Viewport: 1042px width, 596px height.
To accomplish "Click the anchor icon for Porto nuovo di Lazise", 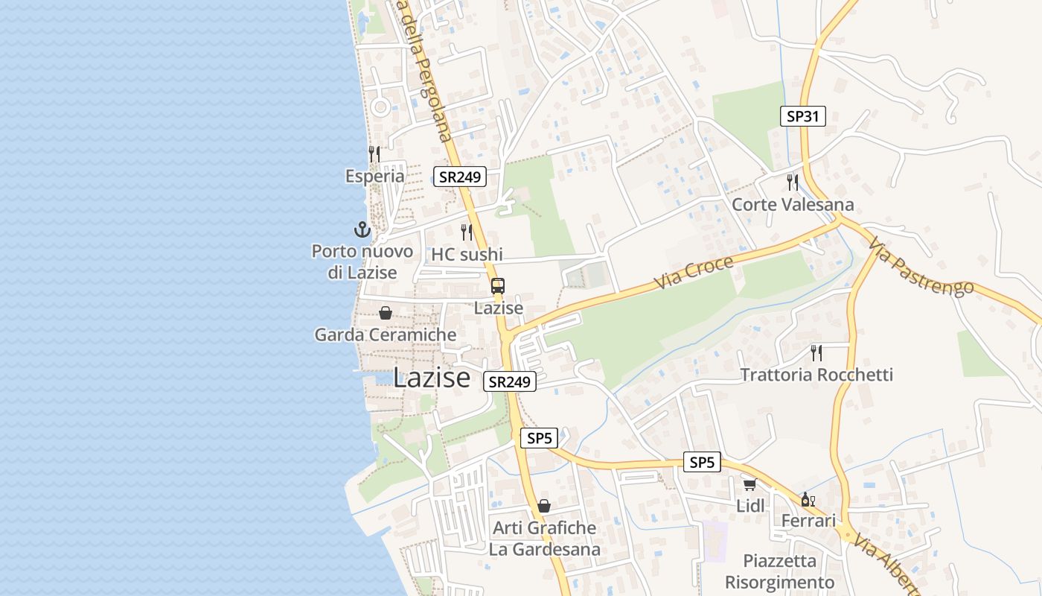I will [362, 229].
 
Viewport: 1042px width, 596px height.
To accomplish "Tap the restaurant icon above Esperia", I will [374, 154].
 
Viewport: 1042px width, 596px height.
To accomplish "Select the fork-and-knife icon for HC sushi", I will [467, 232].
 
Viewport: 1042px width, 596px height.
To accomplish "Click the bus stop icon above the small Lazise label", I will [498, 286].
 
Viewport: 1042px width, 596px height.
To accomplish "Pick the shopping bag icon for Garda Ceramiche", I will [386, 313].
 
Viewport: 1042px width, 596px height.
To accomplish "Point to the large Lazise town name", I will [432, 378].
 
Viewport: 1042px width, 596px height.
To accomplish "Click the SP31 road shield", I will [803, 116].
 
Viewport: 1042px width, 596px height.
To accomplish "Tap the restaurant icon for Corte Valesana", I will [793, 183].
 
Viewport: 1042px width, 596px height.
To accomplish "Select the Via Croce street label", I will [694, 273].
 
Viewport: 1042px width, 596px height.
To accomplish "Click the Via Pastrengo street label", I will [920, 267].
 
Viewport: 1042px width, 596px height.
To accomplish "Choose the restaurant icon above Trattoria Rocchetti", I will [816, 352].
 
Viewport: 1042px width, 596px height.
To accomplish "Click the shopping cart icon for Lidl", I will [749, 484].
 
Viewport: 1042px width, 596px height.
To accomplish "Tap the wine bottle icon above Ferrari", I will [808, 499].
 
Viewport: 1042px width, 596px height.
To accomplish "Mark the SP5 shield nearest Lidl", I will [702, 463].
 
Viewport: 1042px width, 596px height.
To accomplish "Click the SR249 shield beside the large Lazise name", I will [510, 381].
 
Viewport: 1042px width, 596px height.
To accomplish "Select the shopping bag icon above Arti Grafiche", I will [544, 506].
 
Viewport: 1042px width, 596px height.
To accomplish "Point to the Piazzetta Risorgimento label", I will [780, 571].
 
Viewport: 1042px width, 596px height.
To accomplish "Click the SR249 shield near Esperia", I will [460, 177].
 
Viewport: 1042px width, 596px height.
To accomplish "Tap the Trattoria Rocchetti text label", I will [816, 375].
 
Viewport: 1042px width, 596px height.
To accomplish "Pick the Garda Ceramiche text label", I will [386, 335].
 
